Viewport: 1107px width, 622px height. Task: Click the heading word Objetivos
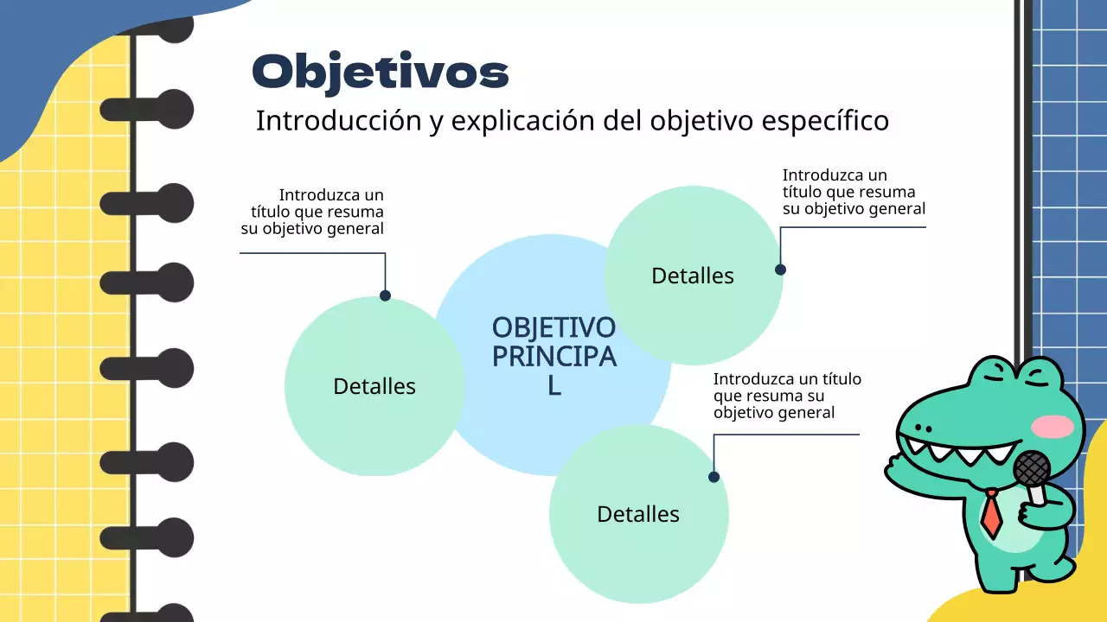point(380,72)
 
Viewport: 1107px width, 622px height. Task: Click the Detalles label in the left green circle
point(374,386)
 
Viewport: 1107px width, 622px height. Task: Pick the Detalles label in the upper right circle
point(692,276)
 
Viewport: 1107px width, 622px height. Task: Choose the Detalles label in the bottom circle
point(638,514)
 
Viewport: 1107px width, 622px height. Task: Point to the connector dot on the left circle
point(385,295)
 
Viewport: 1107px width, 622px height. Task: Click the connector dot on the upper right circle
point(780,270)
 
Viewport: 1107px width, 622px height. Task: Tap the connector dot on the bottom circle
point(713,477)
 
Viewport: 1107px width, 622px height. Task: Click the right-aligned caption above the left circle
point(313,212)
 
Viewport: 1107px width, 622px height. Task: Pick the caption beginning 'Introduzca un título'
point(787,396)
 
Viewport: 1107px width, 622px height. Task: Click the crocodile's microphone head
point(1031,469)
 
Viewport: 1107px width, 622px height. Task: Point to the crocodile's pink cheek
point(1053,426)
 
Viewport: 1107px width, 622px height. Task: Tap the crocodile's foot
point(1052,569)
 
